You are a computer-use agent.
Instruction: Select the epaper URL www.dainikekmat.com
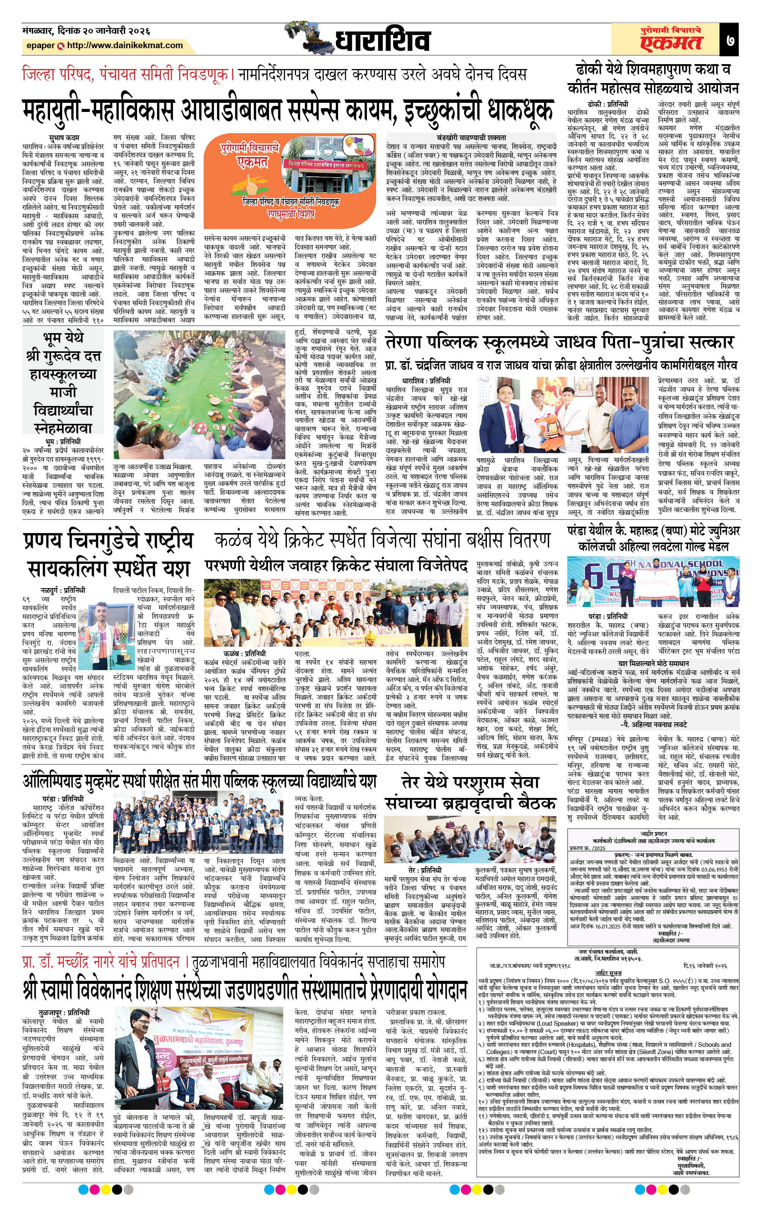point(124,45)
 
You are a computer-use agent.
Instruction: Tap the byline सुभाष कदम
point(64,137)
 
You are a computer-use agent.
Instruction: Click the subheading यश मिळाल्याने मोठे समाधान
point(653,664)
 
